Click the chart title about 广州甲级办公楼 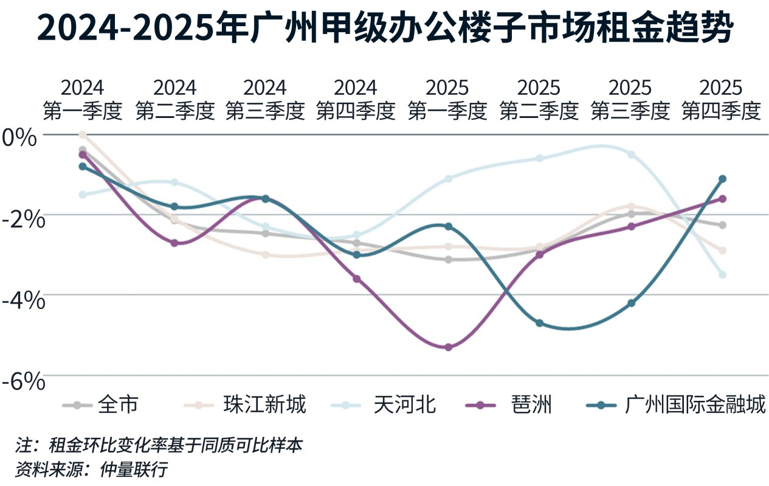[x=384, y=27]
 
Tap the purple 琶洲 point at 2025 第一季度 [x=449, y=347]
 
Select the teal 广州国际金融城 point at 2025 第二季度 [x=539, y=323]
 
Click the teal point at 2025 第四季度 [x=722, y=179]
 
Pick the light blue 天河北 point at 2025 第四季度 [x=722, y=275]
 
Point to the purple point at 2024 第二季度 [x=174, y=243]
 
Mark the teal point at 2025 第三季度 [x=631, y=303]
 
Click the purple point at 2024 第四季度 [x=357, y=279]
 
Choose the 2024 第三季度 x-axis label [x=265, y=99]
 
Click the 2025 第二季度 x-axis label [x=539, y=99]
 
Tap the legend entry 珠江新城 [x=264, y=404]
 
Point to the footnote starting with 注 [x=159, y=445]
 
